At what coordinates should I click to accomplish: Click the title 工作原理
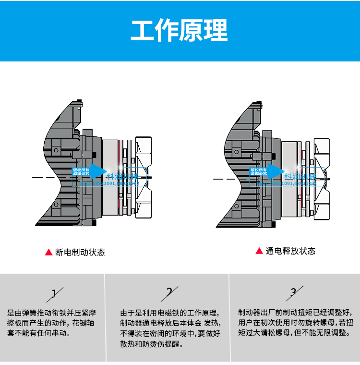(180, 30)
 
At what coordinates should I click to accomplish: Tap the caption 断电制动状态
(80, 252)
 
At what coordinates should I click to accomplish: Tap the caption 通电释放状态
(290, 251)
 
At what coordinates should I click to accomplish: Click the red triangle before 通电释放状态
(259, 251)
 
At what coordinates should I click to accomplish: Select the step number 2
(169, 292)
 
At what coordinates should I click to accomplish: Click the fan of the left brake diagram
(144, 178)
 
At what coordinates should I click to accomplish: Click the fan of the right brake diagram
(322, 178)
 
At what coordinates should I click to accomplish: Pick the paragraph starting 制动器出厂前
(294, 322)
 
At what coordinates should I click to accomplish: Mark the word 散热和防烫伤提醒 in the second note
(151, 344)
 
